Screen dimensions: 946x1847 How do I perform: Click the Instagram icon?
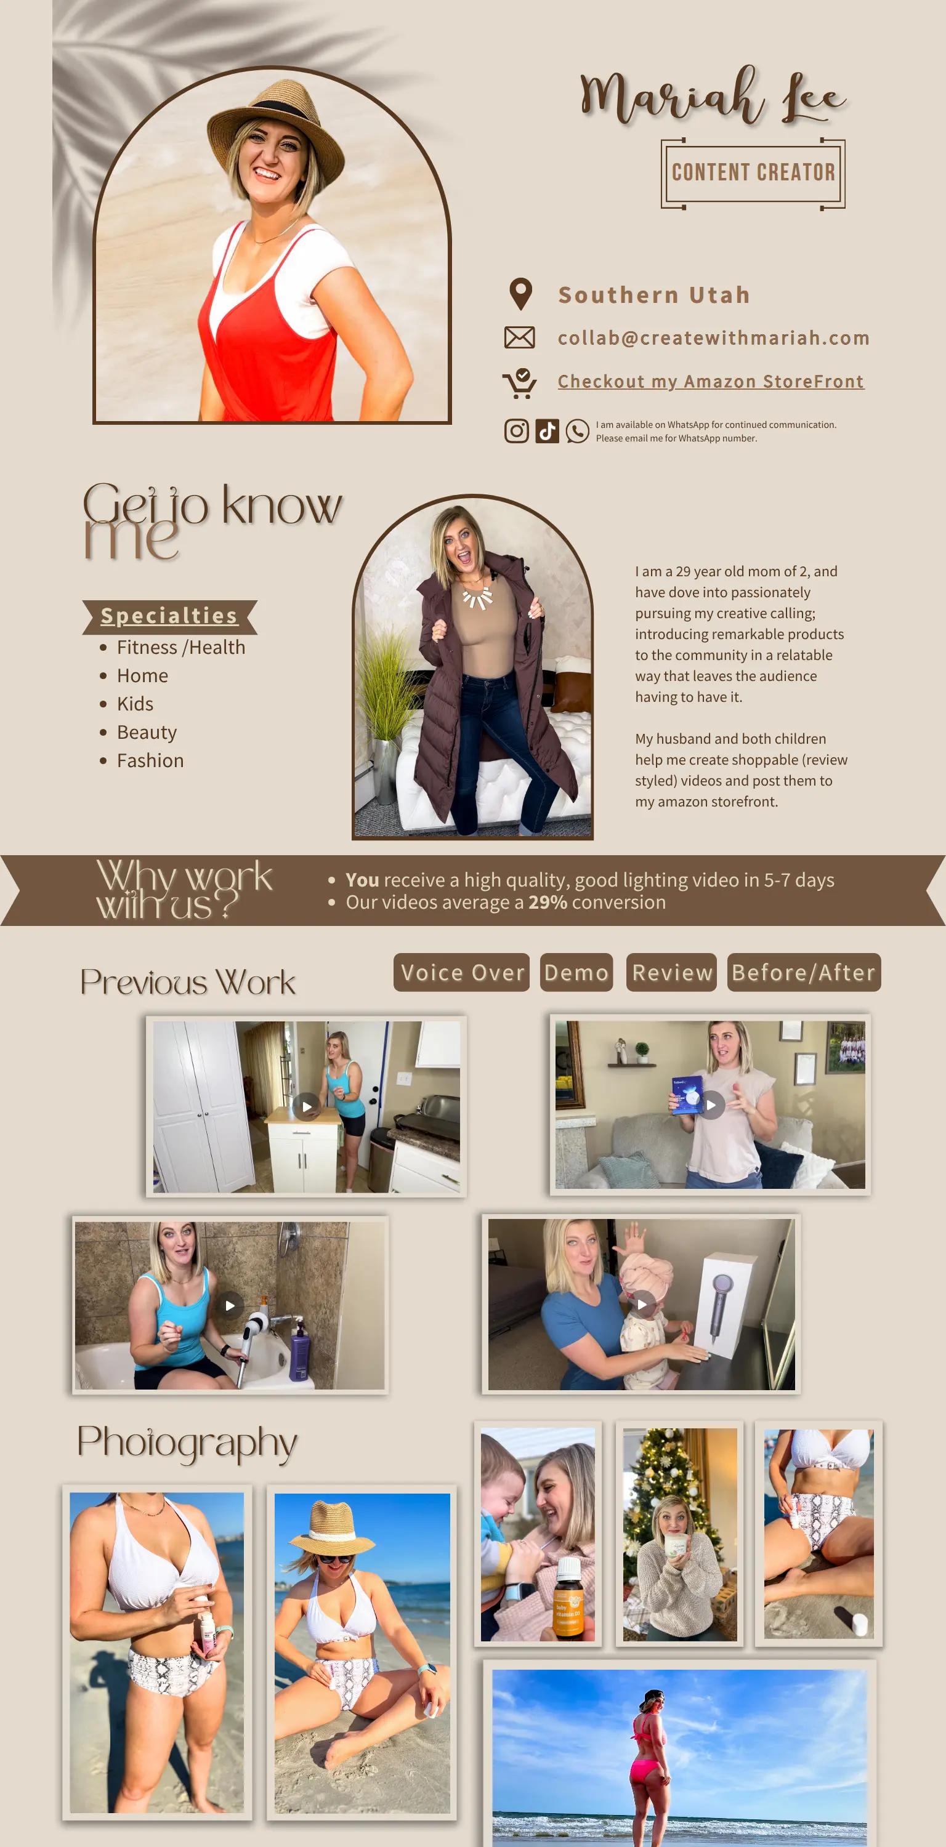pos(516,431)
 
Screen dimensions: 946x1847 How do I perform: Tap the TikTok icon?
pos(548,431)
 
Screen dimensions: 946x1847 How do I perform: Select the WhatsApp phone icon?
pos(577,431)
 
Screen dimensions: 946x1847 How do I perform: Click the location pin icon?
pos(520,294)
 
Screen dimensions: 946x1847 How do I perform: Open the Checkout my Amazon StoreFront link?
pos(711,382)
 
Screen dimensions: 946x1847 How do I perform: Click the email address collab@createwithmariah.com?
pos(714,338)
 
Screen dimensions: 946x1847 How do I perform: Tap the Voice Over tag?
pos(462,972)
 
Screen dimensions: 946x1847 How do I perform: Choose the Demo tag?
pos(576,972)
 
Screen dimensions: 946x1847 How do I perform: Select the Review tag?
pos(671,972)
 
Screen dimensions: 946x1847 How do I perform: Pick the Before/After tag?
pos(804,972)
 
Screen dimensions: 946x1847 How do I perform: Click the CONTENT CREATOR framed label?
pos(753,173)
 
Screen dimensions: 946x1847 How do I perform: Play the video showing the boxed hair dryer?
pos(642,1304)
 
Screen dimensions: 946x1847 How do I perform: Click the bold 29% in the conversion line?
pos(548,902)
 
